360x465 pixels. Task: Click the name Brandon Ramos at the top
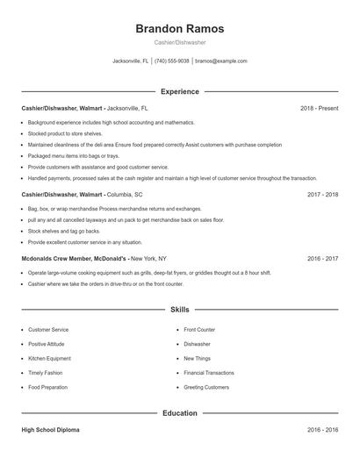179,28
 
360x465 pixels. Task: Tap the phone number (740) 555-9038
172,61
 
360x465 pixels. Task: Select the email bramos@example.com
220,61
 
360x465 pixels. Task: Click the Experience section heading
179,91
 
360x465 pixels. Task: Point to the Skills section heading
179,310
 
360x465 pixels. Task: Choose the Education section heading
179,412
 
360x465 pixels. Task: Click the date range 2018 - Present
319,108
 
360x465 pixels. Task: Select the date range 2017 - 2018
322,194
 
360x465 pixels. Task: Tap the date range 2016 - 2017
322,259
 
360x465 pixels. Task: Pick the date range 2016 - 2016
322,431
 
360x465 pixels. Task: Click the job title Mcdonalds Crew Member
74,259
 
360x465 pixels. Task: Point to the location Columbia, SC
125,194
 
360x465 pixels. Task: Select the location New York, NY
148,259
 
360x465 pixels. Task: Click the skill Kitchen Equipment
49,358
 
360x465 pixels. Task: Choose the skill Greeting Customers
205,387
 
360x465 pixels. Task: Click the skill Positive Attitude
47,344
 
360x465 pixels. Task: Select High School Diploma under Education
52,431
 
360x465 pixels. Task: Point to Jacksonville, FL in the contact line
130,61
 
